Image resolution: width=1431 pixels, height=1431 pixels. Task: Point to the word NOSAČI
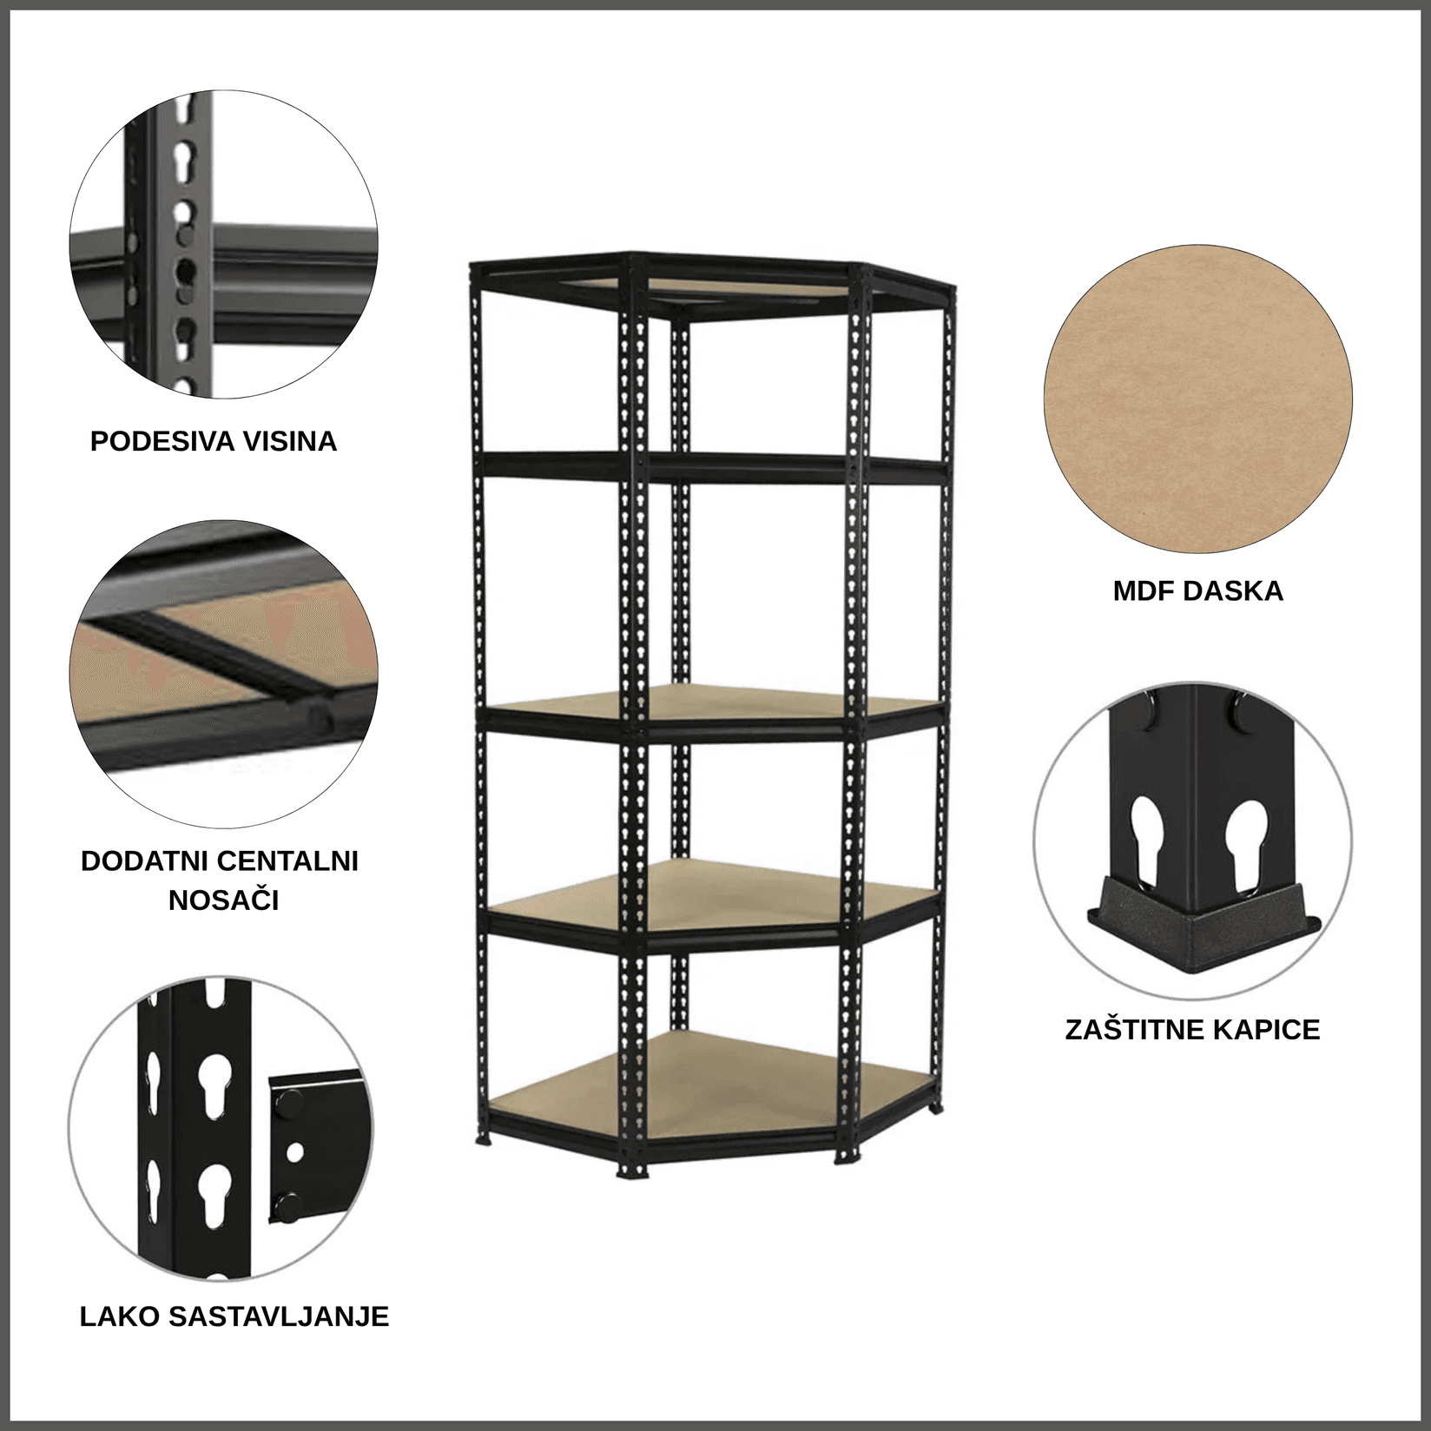(x=224, y=900)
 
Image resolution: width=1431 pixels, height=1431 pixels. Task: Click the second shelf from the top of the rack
(x=712, y=470)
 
